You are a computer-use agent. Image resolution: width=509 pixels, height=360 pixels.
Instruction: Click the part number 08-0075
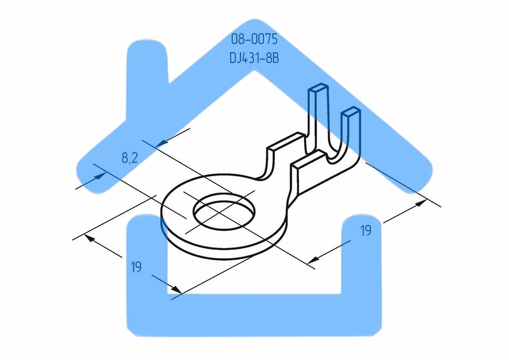coord(254,39)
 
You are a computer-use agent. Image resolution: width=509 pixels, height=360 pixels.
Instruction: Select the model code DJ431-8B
coord(254,57)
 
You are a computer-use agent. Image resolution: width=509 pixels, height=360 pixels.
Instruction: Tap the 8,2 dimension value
coord(130,157)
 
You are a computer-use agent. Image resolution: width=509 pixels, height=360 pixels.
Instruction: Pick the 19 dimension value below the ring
coord(136,268)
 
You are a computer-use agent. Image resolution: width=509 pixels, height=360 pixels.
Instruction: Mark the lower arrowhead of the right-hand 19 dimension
coord(311,260)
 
